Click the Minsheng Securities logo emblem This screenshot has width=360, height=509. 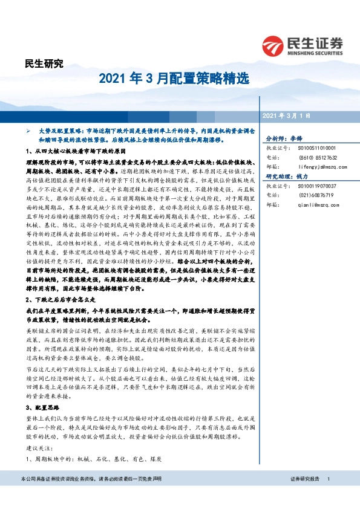click(x=272, y=45)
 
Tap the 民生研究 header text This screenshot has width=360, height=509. click(x=43, y=63)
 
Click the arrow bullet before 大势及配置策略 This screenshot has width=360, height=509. click(x=27, y=131)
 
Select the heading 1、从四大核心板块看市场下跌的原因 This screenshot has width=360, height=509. click(x=76, y=150)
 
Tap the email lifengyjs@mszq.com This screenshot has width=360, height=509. click(x=322, y=166)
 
